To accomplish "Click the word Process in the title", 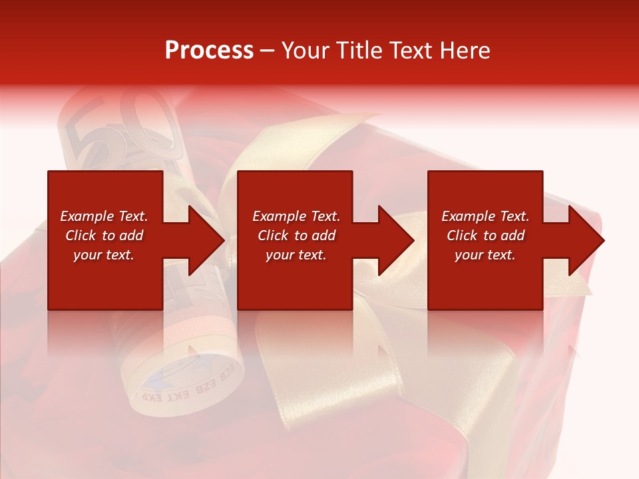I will (209, 51).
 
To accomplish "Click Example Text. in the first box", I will (104, 216).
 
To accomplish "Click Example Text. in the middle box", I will (296, 216).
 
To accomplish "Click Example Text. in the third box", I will (485, 216).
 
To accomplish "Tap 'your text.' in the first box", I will (104, 255).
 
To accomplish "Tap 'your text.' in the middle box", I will (296, 255).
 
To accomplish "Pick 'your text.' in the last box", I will (485, 255).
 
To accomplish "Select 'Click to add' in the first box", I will (104, 236).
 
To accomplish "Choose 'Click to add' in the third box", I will (485, 236).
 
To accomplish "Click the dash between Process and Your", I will (267, 51).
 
